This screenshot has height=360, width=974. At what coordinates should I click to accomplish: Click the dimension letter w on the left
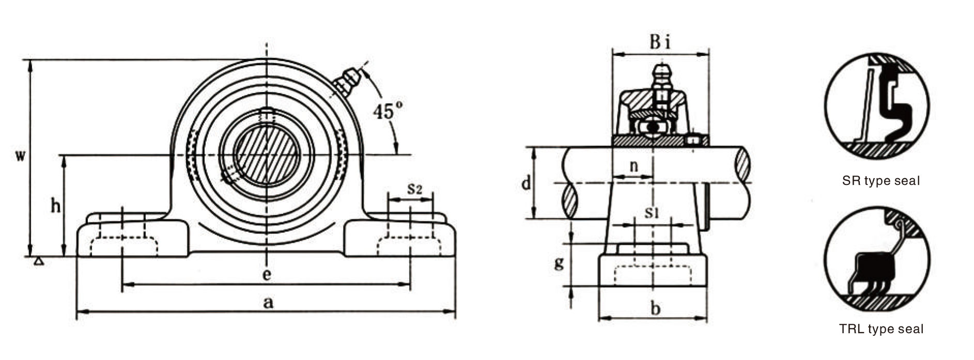pos(19,156)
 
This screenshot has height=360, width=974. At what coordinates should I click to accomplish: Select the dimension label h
pos(55,207)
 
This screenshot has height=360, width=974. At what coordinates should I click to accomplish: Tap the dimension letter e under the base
pos(267,274)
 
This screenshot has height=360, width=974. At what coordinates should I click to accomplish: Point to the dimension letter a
pos(267,303)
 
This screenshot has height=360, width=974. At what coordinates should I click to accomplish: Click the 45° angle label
pos(388,111)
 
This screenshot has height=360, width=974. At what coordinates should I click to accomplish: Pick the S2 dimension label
pos(414,189)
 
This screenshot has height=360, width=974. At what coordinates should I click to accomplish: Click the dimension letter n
pos(634,166)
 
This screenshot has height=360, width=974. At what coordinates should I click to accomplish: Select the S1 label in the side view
pos(652,212)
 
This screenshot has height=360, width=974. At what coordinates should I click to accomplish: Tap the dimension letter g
pos(559,263)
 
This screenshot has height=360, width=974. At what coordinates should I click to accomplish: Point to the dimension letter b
pos(655,309)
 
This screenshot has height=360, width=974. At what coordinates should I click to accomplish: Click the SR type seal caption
pos(881,181)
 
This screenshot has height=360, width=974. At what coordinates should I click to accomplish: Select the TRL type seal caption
pos(882,329)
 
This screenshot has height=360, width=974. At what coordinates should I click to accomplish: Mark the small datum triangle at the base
pos(38,262)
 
